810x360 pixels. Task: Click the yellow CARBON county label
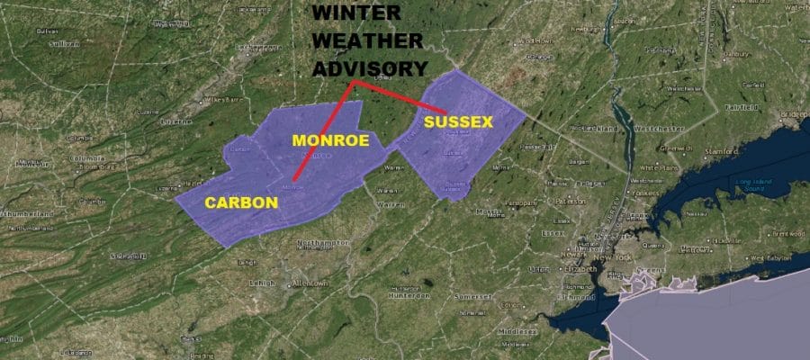[x=240, y=202]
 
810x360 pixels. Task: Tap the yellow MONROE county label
[x=329, y=140]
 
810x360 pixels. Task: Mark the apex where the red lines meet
[x=353, y=82]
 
